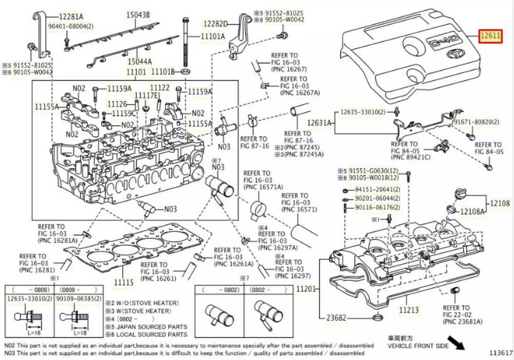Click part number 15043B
[x=138, y=15]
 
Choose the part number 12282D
[x=215, y=24]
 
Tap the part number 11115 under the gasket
[x=124, y=282]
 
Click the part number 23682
[x=332, y=318]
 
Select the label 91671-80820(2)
[x=475, y=122]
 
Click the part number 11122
[x=159, y=88]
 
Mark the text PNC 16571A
[x=259, y=187]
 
